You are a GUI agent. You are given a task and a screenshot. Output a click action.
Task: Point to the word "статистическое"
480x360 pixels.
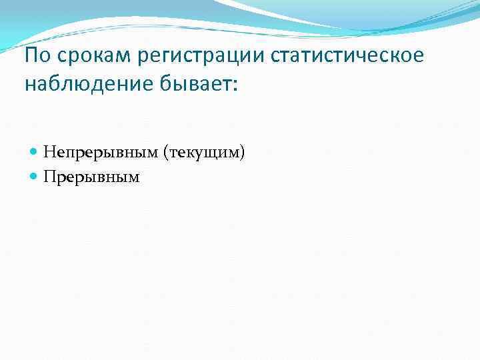coord(347,56)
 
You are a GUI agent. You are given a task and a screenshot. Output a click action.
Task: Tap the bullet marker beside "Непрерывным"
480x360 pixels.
coord(35,153)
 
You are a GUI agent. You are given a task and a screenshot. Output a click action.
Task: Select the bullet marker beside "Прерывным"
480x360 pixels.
coord(35,177)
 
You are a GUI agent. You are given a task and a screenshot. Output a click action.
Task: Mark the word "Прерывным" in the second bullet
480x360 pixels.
coord(91,177)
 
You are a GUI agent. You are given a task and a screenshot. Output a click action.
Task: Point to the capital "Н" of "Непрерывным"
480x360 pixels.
coord(49,153)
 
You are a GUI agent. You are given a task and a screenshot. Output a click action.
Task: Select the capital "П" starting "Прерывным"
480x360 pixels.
coord(49,177)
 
